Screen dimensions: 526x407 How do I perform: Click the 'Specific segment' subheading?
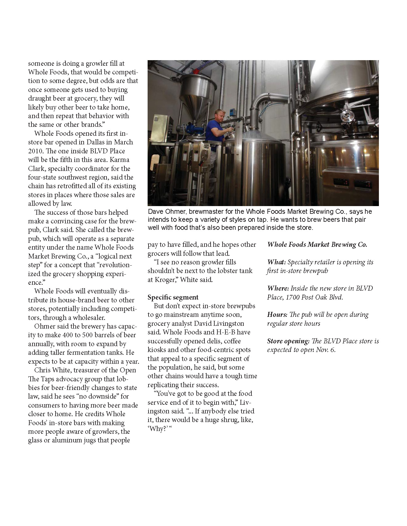[x=173, y=297]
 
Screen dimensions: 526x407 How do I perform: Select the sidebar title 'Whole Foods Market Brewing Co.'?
[x=317, y=245]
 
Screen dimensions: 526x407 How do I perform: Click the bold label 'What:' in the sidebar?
[x=276, y=262]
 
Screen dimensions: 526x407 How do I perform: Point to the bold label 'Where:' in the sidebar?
[x=278, y=288]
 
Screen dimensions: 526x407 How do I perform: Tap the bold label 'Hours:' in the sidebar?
[x=277, y=315]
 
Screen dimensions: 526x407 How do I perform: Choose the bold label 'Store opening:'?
[x=288, y=341]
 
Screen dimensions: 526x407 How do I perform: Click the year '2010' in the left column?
[x=36, y=151]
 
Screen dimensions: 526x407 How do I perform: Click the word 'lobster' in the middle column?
[x=225, y=271]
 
